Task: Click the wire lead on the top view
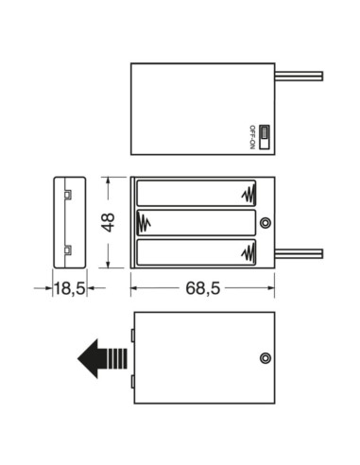(x=300, y=76)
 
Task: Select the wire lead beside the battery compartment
(x=300, y=253)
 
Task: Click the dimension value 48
(x=108, y=223)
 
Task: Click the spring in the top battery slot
(x=249, y=194)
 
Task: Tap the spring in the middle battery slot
(x=146, y=223)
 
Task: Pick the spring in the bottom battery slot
(x=249, y=252)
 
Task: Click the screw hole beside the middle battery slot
(x=266, y=223)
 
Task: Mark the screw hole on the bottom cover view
(x=266, y=358)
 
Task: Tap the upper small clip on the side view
(x=68, y=195)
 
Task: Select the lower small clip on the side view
(x=68, y=250)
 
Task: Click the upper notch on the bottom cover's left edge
(x=132, y=335)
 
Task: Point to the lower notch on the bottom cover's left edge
(x=132, y=382)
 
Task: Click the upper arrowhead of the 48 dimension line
(x=109, y=181)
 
